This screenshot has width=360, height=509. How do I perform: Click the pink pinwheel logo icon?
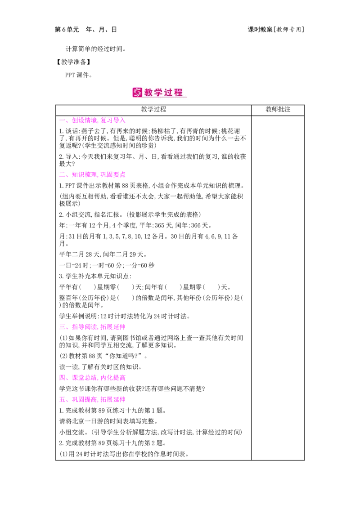tap(137, 92)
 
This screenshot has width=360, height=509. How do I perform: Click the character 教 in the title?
tap(149, 93)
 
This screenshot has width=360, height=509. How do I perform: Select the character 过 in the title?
tap(169, 93)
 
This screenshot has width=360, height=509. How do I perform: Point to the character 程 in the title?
tap(179, 93)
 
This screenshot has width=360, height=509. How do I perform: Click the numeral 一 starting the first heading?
tap(62, 121)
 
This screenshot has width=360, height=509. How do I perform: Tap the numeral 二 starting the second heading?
tap(62, 175)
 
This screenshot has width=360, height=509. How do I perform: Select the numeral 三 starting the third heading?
tap(62, 327)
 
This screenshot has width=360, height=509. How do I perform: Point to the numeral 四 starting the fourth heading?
tap(61, 378)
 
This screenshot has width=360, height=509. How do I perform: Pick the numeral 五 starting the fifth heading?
tap(61, 399)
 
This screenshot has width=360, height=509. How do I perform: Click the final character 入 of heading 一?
tap(122, 121)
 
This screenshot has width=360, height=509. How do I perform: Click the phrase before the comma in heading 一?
tap(84, 121)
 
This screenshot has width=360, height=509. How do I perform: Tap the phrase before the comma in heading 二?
tap(84, 175)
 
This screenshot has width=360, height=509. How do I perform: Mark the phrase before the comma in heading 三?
tap(84, 327)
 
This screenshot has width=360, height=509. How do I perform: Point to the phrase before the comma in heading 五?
tap(84, 399)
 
